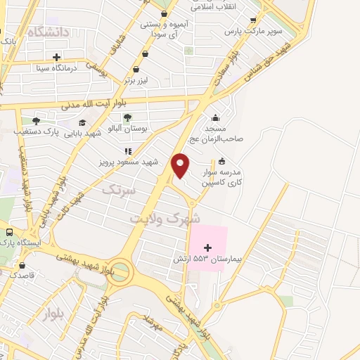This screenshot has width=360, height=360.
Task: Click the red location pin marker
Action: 181,165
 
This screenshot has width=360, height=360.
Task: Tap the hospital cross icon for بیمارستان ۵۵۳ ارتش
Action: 207,247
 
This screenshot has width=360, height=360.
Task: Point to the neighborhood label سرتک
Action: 117,190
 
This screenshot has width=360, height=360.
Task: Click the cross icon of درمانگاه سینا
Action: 56,57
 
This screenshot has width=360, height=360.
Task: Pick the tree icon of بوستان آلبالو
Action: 127,117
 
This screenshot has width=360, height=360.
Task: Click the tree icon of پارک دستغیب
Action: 36,121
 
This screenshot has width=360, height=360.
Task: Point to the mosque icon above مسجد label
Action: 214,117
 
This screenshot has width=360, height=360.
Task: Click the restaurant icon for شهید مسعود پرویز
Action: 127,150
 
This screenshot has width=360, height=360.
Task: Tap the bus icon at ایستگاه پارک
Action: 9,232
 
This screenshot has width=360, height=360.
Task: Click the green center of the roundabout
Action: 120,270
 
